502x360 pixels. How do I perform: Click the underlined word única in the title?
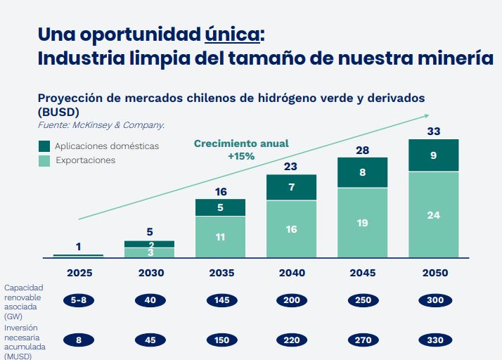pyautogui.click(x=233, y=34)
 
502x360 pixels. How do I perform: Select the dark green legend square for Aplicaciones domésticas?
pyautogui.click(x=44, y=146)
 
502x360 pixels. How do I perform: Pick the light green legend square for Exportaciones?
pyautogui.click(x=44, y=160)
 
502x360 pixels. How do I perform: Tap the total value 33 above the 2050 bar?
pyautogui.click(x=434, y=131)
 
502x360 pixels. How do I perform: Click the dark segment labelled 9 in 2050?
pyautogui.click(x=434, y=155)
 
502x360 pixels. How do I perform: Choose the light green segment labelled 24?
pyautogui.click(x=434, y=215)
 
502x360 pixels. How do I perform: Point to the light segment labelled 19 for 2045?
pyautogui.click(x=362, y=223)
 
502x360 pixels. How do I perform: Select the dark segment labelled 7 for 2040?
pyautogui.click(x=291, y=187)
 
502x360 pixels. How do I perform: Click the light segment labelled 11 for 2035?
pyautogui.click(x=220, y=237)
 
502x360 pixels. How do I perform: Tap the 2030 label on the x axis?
pyautogui.click(x=149, y=273)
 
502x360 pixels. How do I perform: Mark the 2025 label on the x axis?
pyautogui.click(x=78, y=273)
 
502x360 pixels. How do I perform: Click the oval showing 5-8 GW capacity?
pyautogui.click(x=78, y=300)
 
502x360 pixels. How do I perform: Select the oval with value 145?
pyautogui.click(x=220, y=300)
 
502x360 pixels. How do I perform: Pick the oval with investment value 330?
pyautogui.click(x=434, y=340)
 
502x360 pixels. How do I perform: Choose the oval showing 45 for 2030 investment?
pyautogui.click(x=149, y=340)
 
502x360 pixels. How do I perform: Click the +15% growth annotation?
pyautogui.click(x=240, y=156)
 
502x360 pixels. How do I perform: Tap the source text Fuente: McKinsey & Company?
pyautogui.click(x=101, y=124)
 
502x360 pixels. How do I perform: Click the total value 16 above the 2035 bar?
pyautogui.click(x=220, y=191)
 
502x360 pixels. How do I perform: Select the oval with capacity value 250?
pyautogui.click(x=362, y=300)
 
